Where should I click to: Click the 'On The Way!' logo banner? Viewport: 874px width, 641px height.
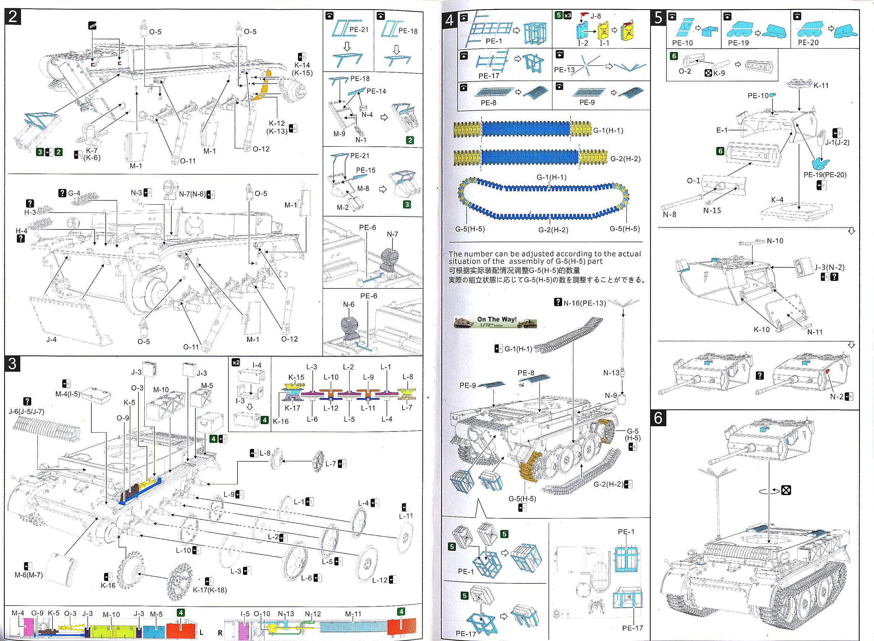pyautogui.click(x=495, y=322)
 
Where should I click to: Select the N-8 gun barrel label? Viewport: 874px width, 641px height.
pyautogui.click(x=669, y=214)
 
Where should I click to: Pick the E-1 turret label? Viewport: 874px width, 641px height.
pyautogui.click(x=722, y=130)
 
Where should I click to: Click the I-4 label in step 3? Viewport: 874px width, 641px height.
pyautogui.click(x=257, y=365)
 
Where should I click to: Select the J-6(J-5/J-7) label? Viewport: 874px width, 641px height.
pyautogui.click(x=26, y=411)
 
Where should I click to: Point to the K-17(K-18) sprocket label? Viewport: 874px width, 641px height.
pyautogui.click(x=210, y=590)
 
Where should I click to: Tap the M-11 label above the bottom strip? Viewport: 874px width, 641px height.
pyautogui.click(x=353, y=613)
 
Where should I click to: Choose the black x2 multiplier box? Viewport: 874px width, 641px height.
pyautogui.click(x=236, y=362)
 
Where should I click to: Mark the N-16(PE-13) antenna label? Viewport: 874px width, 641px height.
pyautogui.click(x=584, y=303)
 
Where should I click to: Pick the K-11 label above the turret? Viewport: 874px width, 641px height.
pyautogui.click(x=821, y=85)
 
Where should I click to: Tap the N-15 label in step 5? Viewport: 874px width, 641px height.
pyautogui.click(x=712, y=210)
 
